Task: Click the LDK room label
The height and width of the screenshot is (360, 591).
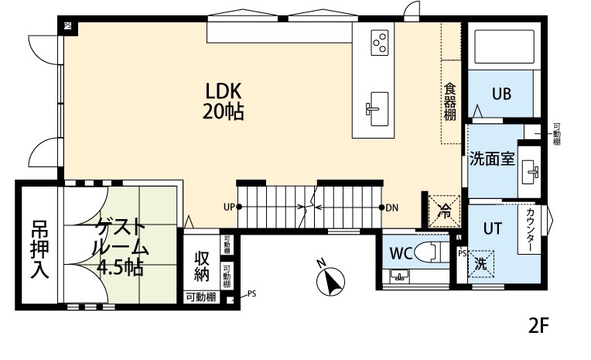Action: [224, 90]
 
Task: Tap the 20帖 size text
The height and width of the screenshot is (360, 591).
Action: [224, 111]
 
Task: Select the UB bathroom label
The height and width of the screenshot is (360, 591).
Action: [501, 94]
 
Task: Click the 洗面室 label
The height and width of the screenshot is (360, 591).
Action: [492, 159]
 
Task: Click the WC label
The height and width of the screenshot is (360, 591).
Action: [400, 253]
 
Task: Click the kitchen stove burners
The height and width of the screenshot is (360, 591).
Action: [379, 42]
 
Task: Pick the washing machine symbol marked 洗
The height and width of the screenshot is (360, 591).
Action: [480, 264]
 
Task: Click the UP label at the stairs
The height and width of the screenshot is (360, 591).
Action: [229, 207]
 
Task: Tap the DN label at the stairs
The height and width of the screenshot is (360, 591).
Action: [391, 207]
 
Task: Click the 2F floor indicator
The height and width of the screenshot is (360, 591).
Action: [539, 324]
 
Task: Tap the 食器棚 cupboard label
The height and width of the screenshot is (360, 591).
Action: [449, 101]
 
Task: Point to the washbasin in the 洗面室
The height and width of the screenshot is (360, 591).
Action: [531, 171]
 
